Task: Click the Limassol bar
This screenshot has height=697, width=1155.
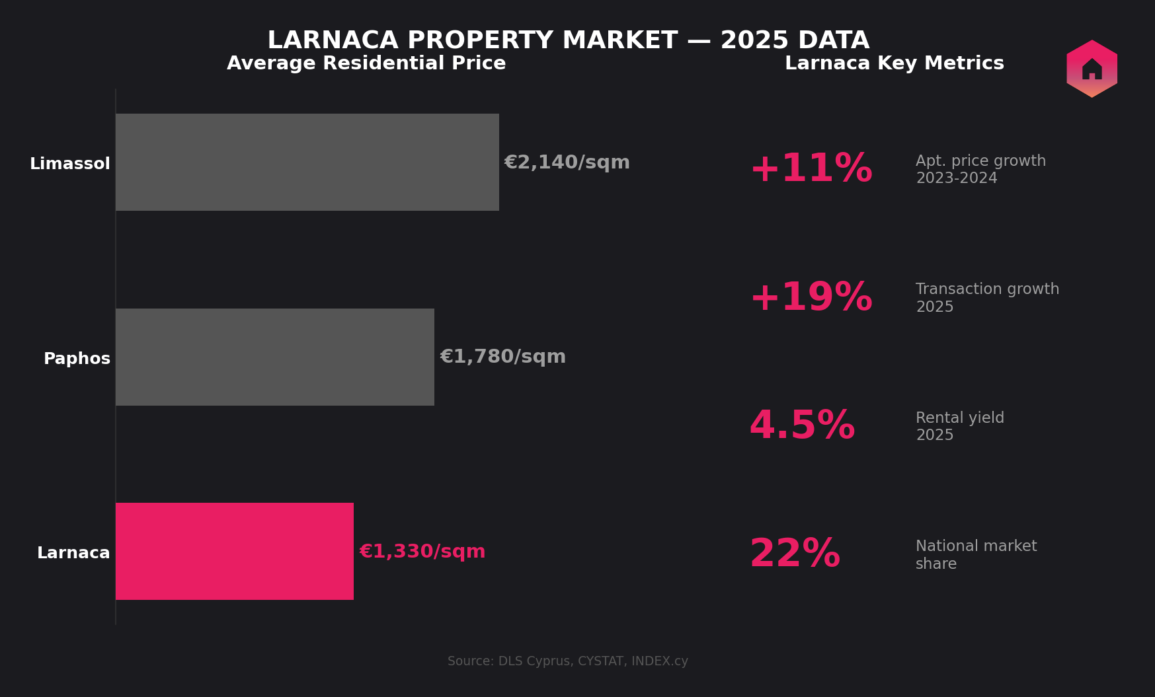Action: [307, 162]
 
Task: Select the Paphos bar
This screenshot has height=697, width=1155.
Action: [274, 357]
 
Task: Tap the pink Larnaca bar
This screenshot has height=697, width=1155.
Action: [234, 551]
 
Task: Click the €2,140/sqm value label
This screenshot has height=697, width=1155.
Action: [567, 163]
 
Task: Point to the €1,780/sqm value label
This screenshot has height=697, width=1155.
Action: [502, 357]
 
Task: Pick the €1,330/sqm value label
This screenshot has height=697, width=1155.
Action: [422, 552]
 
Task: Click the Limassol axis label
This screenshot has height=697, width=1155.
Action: [70, 164]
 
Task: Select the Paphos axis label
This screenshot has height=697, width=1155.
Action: [77, 359]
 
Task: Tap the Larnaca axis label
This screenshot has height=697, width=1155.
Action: [73, 553]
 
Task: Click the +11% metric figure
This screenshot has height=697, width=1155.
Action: [811, 169]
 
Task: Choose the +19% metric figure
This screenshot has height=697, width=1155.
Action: [811, 298]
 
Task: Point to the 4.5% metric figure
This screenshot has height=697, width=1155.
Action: [801, 426]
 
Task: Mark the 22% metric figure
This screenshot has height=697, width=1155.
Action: [794, 554]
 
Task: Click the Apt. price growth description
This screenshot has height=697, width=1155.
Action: [980, 170]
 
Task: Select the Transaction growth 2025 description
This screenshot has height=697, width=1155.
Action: [986, 298]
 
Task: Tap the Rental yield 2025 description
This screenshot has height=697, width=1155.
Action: [959, 426]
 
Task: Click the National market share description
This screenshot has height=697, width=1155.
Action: [975, 555]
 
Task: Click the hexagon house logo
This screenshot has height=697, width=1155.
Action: [1092, 69]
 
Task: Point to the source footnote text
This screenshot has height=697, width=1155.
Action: [567, 661]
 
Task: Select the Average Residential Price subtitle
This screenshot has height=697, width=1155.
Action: [366, 63]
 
